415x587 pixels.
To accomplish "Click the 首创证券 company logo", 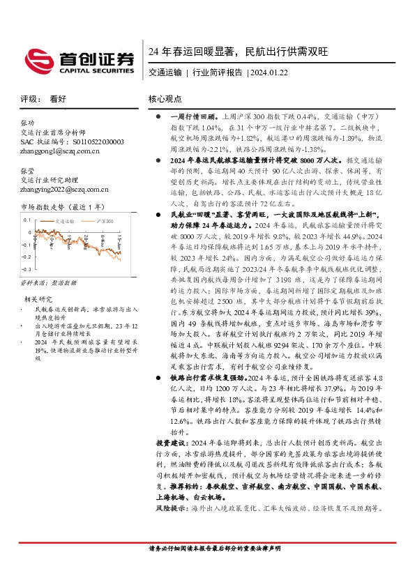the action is point(79,59).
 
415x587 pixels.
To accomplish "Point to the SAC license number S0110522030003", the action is point(72,140).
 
